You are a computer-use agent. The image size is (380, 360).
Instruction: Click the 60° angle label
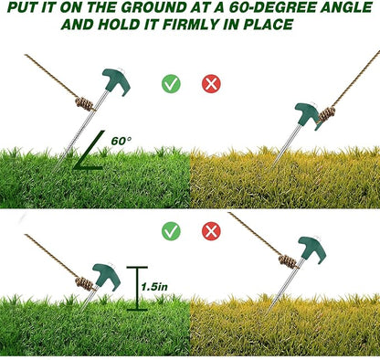pos(121,141)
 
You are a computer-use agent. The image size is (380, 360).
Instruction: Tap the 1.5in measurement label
pos(154,287)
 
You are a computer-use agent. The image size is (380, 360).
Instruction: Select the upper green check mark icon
pos(171,84)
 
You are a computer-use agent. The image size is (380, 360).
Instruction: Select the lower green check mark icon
pos(171,231)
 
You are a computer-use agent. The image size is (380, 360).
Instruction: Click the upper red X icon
pos(211,84)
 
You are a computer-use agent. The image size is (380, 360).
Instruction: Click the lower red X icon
pos(211,231)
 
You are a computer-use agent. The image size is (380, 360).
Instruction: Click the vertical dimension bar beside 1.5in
pos(137,289)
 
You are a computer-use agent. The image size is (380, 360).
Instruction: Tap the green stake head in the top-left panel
pos(117,81)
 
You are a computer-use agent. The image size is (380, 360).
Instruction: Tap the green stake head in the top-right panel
pos(308,116)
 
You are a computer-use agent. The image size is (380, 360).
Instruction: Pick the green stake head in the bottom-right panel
pos(312,249)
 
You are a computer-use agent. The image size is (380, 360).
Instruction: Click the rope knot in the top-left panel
pos(84,104)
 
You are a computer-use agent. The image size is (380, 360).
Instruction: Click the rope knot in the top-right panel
pos(327,114)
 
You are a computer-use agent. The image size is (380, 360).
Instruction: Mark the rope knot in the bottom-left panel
pos(84,284)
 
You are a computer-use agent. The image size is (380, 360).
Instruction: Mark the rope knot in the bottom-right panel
pos(288,261)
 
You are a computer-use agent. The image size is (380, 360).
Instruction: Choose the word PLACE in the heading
pos(269,25)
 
